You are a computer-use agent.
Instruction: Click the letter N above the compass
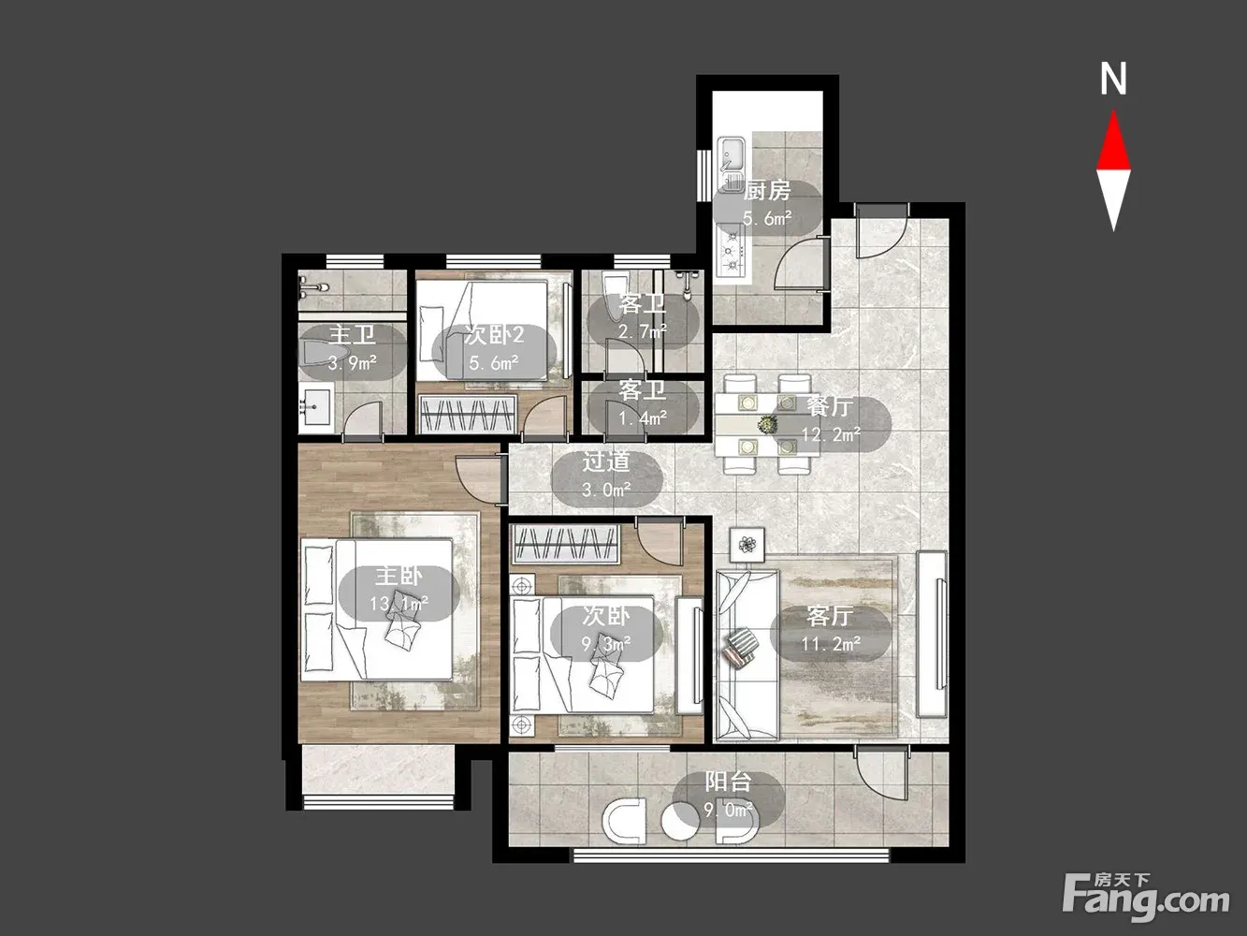tap(1113, 79)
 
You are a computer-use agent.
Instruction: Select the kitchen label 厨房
tap(767, 191)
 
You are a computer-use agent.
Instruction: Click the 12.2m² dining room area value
tap(831, 434)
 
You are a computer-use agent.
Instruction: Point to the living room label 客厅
tap(830, 617)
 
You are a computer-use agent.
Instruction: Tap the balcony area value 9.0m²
tap(729, 810)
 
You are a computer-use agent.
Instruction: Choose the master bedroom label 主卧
tap(399, 577)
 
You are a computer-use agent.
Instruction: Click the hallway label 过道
tap(606, 462)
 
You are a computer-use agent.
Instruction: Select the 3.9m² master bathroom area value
tap(353, 362)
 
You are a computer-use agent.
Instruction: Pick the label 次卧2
tap(494, 335)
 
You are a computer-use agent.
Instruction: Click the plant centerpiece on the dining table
tap(768, 424)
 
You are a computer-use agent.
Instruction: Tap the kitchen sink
tap(732, 154)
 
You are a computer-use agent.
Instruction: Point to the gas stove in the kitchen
tap(731, 251)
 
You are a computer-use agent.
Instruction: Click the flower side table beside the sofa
tap(747, 545)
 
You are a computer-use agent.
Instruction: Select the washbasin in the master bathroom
tap(315, 407)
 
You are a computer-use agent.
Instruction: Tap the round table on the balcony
tap(679, 820)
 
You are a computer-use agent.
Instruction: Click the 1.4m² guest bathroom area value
tap(643, 418)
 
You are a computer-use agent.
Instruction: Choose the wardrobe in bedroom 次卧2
tap(468, 415)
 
